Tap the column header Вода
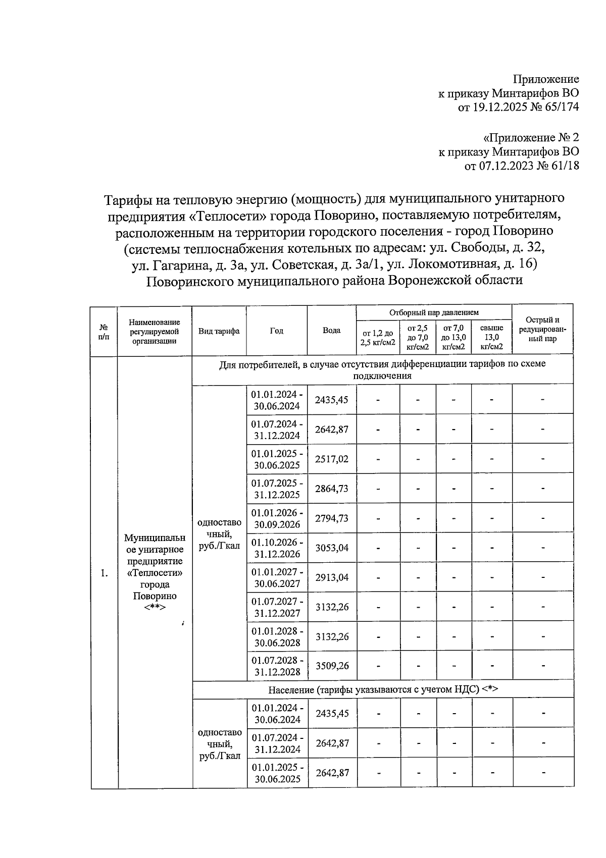[331, 331]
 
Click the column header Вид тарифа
[219, 331]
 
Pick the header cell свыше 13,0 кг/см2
[491, 337]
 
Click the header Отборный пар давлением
[434, 313]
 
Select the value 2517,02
[332, 459]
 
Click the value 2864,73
[332, 489]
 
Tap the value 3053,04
[332, 548]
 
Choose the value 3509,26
[332, 666]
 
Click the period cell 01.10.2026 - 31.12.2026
[277, 548]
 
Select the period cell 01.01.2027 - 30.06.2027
[277, 577]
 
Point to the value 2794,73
[332, 518]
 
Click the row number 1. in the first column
[104, 573]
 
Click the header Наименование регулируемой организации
[154, 331]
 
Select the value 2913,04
[332, 577]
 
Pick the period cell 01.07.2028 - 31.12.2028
[277, 666]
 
